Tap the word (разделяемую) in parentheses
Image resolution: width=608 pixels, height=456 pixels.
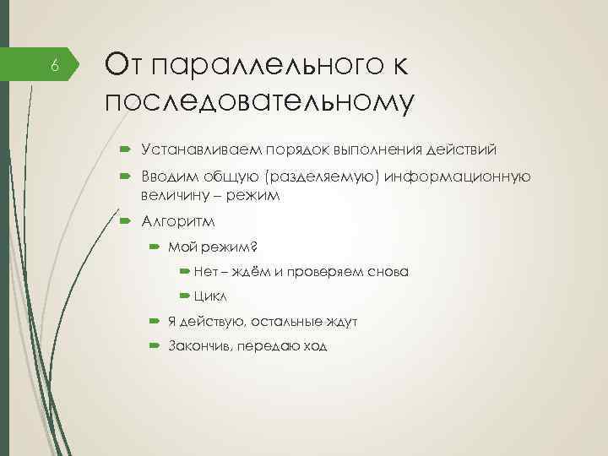click(x=324, y=176)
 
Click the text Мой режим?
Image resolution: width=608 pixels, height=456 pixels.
click(x=214, y=247)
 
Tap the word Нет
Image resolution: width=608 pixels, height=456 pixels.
click(x=204, y=271)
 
